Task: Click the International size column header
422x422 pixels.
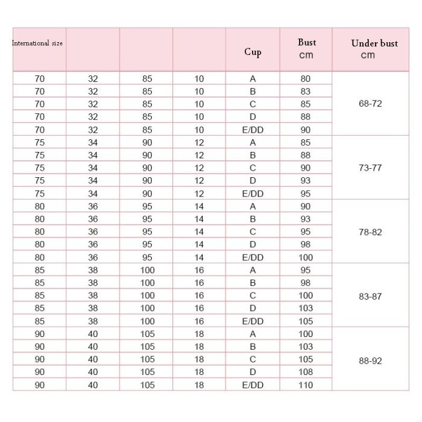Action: point(37,43)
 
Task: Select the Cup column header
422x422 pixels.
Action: point(253,52)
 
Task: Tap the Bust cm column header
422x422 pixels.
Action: point(306,49)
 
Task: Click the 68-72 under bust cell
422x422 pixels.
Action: point(370,104)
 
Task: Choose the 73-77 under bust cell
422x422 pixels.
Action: point(370,168)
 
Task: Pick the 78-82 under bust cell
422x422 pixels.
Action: point(370,232)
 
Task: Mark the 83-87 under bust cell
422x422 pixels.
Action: point(370,297)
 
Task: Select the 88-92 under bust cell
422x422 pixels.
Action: point(370,361)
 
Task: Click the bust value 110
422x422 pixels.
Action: point(306,385)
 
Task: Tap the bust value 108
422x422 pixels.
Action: point(306,373)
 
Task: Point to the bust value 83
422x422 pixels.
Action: point(306,92)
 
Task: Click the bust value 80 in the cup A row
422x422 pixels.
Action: point(306,78)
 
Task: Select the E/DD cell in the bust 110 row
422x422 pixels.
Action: point(253,385)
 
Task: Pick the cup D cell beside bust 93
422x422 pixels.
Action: point(253,181)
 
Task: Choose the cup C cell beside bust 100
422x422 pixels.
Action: point(253,295)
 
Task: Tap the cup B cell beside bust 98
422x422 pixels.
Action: point(253,283)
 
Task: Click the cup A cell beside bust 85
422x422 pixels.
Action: point(253,143)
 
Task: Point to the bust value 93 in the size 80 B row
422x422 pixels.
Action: point(306,219)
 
